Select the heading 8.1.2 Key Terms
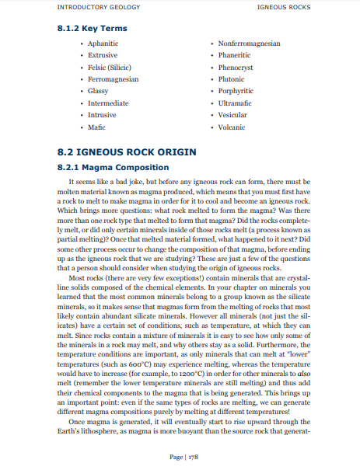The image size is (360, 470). tap(93, 29)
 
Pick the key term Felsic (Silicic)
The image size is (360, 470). tap(110, 68)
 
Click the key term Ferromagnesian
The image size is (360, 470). tap(114, 79)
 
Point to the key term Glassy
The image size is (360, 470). tap(98, 91)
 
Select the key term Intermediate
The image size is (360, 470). tap(108, 103)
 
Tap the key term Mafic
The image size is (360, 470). tap(97, 127)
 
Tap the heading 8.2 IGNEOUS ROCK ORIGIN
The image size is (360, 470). tap(127, 151)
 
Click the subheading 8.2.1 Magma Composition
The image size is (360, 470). tap(113, 167)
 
